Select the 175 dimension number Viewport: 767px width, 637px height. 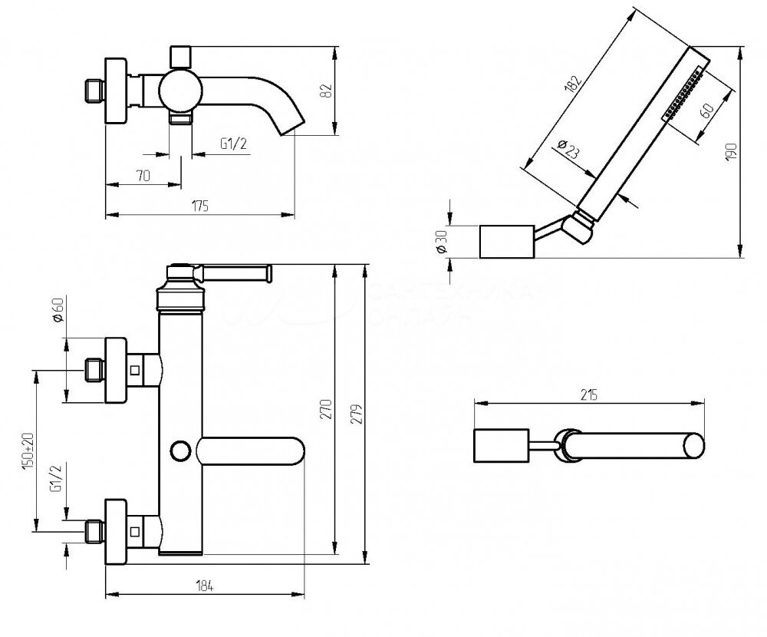click(200, 206)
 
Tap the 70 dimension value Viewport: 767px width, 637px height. click(142, 176)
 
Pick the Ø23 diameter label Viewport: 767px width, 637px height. click(568, 149)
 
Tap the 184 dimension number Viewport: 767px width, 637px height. click(203, 586)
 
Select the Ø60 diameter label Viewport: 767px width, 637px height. click(56, 312)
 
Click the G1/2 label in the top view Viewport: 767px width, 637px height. click(233, 144)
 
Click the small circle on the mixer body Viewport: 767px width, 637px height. click(181, 449)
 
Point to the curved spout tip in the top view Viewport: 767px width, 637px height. click(293, 125)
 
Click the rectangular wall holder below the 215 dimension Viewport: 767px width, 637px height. click(499, 447)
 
